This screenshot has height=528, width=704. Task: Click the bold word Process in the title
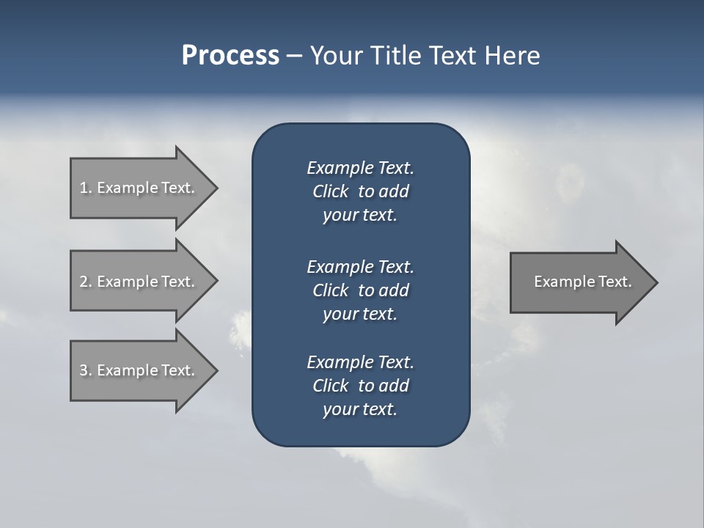coord(230,56)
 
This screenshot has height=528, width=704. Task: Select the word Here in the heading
coord(513,56)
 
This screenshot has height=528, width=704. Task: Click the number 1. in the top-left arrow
coord(86,188)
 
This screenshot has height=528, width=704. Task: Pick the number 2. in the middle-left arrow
coord(86,282)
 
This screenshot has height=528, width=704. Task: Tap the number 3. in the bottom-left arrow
coord(86,370)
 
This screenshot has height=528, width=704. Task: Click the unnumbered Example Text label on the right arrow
coord(582,282)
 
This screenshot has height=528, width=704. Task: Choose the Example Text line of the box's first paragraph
coord(360,168)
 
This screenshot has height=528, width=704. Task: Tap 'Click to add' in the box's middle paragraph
coord(360,290)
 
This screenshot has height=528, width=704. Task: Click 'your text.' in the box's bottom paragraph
coord(360,409)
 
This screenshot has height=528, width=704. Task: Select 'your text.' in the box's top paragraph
coord(360,216)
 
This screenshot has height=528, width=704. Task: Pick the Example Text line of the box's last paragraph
coord(360,362)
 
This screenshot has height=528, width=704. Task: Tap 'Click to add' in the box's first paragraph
coord(360,192)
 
